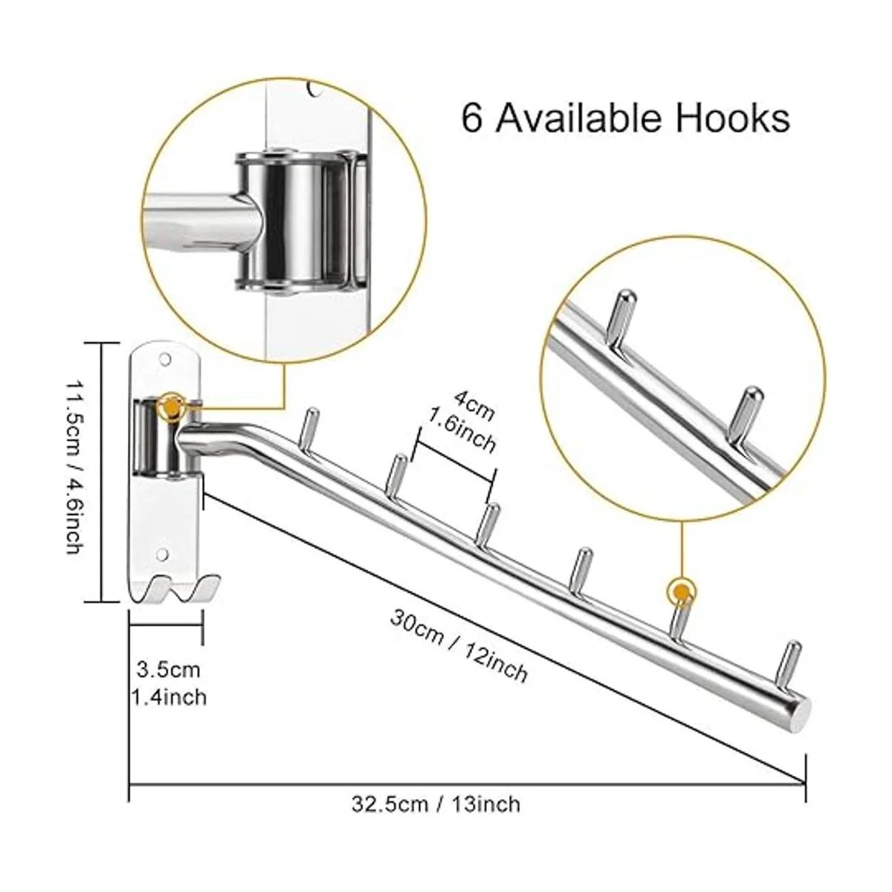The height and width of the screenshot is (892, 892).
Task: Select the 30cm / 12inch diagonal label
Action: tap(459, 646)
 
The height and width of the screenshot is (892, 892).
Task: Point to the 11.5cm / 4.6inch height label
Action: tap(74, 468)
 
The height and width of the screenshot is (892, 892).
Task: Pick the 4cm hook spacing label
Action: tap(474, 406)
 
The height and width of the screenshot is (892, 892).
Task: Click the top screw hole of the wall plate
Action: tap(164, 358)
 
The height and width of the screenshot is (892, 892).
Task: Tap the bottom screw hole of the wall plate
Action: tap(162, 554)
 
